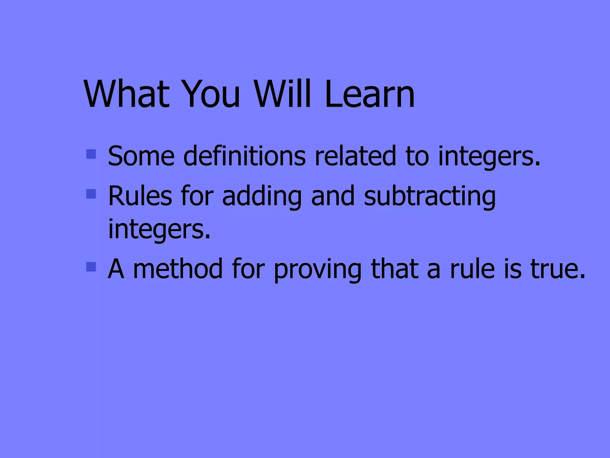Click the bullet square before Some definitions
(x=91, y=154)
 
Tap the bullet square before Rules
(x=91, y=194)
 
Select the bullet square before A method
(x=91, y=267)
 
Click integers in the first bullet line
(x=488, y=157)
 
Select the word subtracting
(x=430, y=196)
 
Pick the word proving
(x=318, y=270)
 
